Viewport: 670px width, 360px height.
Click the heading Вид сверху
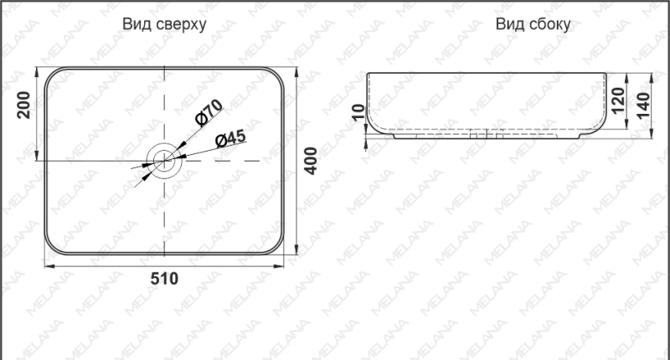click(164, 24)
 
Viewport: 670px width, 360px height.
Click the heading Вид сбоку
click(533, 24)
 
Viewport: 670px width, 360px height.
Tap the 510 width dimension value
click(164, 280)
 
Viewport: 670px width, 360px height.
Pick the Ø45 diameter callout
click(229, 138)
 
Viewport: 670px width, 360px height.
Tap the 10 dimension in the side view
click(359, 112)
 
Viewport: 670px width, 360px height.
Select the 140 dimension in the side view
click(644, 105)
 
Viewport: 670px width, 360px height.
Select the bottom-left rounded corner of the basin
click(52, 248)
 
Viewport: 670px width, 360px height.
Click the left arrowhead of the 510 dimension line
click(47, 265)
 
